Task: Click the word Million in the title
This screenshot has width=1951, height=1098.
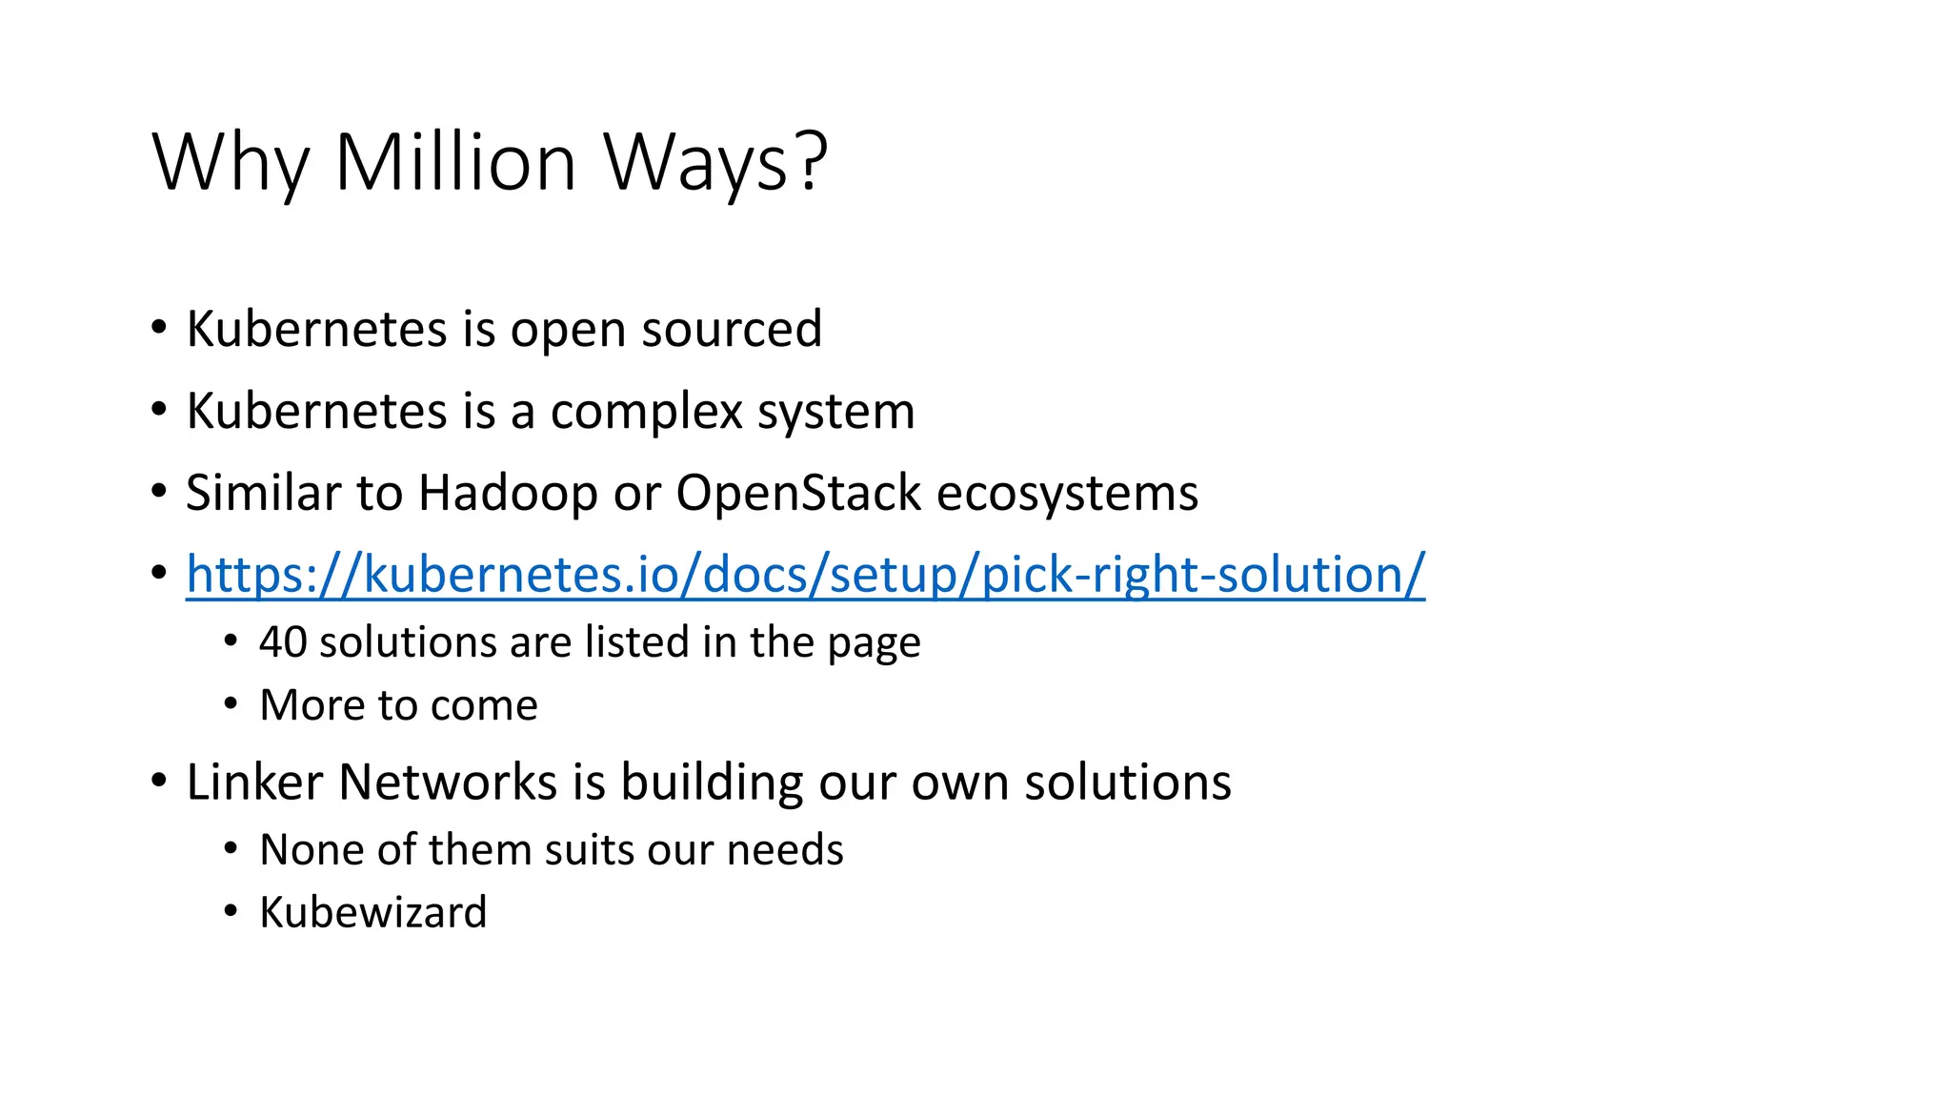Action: pos(455,161)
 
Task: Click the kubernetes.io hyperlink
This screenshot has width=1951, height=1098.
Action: pos(805,575)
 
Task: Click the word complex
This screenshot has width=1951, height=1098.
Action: pos(646,413)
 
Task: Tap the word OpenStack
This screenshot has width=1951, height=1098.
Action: pos(798,494)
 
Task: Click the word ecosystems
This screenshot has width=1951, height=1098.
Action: pos(1067,494)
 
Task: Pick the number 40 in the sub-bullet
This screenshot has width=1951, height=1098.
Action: pos(283,642)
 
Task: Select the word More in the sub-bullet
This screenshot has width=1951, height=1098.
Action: pos(312,705)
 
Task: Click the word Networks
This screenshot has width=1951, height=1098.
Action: pos(448,783)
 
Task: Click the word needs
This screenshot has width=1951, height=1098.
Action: pos(785,849)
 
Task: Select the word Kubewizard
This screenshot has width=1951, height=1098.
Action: pos(372,912)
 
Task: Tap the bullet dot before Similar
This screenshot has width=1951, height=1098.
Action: pos(159,493)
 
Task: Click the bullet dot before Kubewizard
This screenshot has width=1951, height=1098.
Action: pos(231,911)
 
